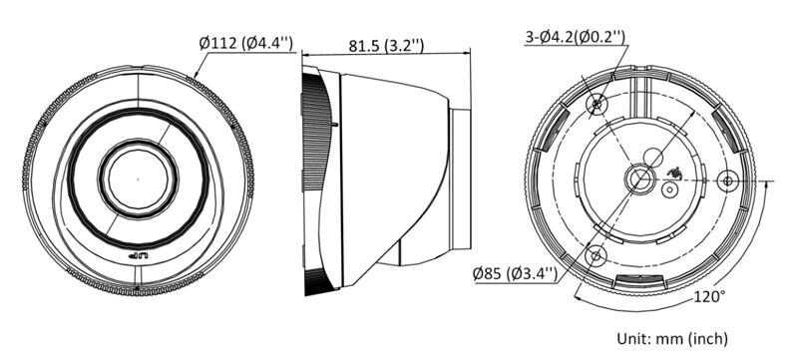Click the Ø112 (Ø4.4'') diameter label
point(246,43)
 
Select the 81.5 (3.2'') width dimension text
point(386,45)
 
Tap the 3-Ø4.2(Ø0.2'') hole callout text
point(576,37)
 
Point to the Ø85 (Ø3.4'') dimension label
point(515,274)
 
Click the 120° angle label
point(709,296)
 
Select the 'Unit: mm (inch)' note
point(672,338)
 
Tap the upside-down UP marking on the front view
point(138,256)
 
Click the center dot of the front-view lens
point(138,179)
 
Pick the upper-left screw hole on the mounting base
point(597,105)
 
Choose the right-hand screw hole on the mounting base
point(728,180)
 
